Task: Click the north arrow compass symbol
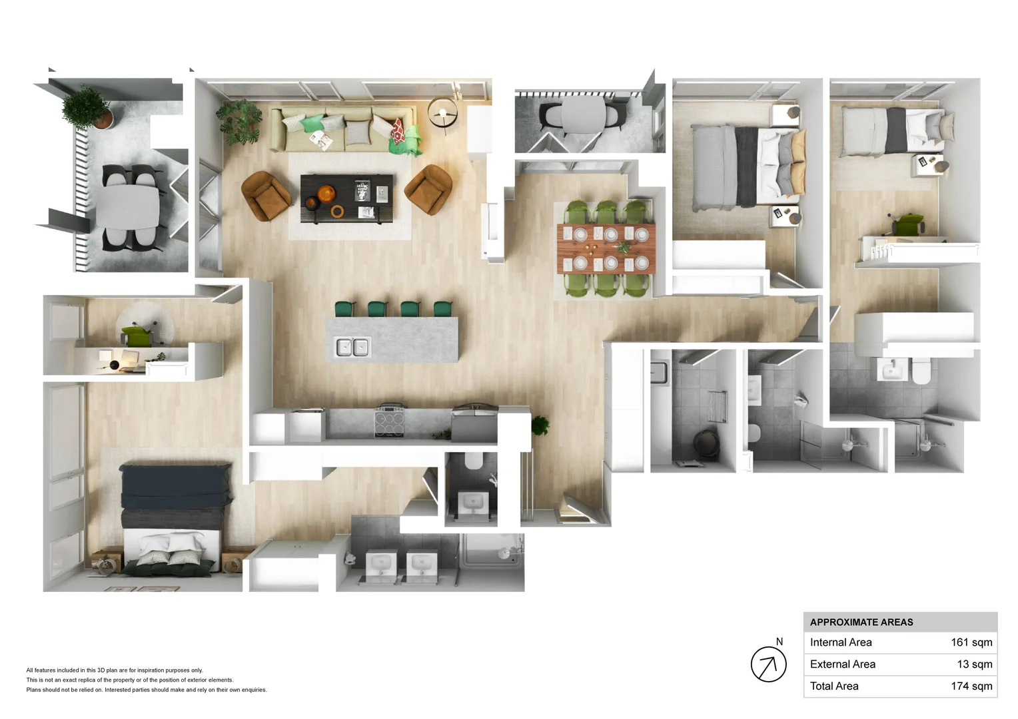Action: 769,664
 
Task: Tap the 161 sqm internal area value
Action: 971,642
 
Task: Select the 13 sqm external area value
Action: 975,664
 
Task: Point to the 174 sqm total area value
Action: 971,686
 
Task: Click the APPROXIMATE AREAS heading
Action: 861,622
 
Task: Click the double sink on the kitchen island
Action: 352,347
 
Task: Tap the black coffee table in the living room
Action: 346,198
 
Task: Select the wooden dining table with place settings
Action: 606,249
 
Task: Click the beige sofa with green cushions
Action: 344,128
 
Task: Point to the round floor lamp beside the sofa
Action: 442,114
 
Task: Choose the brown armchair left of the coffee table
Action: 266,196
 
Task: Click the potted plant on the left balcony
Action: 87,108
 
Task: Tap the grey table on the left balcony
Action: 128,207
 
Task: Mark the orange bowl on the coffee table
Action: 326,194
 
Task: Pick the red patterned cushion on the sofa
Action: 398,130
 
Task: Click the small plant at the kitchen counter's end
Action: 540,425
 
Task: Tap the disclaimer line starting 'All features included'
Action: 115,670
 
